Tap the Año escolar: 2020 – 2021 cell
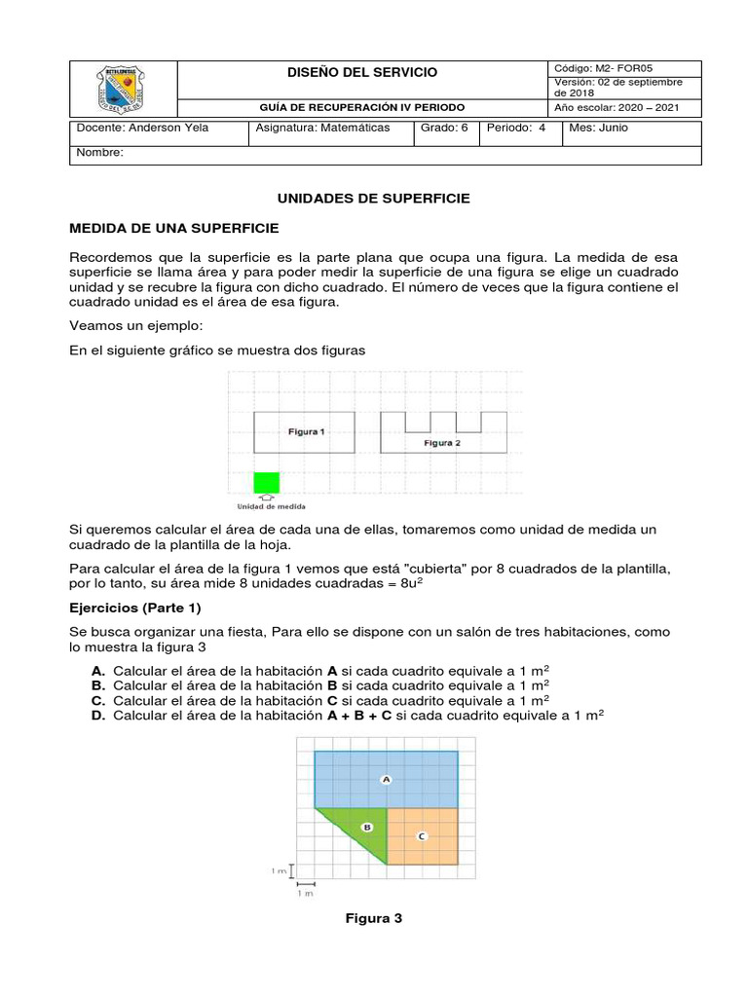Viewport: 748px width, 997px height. [x=617, y=107]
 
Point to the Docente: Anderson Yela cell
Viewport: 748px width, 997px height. [x=141, y=128]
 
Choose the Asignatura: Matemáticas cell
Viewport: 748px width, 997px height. [x=321, y=128]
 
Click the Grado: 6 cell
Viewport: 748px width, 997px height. [x=444, y=128]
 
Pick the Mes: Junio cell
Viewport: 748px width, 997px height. [x=599, y=128]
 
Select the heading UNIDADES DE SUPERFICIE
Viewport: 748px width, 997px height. [x=374, y=198]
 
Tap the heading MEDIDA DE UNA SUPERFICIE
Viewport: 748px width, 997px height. [x=174, y=228]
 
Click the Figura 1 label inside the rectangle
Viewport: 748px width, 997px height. [x=306, y=431]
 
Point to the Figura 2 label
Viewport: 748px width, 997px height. [x=441, y=443]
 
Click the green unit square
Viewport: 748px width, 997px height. [x=267, y=482]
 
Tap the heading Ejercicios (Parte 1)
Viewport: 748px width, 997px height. [x=135, y=609]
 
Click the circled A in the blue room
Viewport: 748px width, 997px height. [x=386, y=779]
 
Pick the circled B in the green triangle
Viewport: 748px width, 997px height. [x=367, y=827]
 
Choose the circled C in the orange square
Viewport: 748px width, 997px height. [x=421, y=835]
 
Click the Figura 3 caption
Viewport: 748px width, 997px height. [x=374, y=918]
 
